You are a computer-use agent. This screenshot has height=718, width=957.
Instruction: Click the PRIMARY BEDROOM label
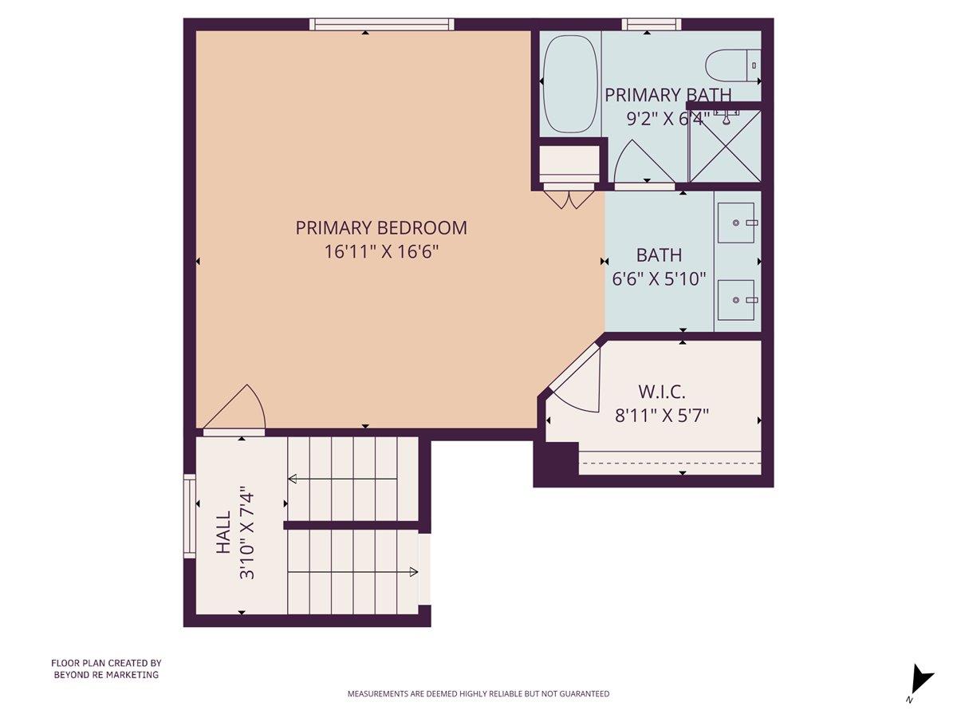click(381, 228)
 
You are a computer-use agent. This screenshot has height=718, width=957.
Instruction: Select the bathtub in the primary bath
click(570, 84)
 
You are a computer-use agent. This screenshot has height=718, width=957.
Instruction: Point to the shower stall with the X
click(724, 146)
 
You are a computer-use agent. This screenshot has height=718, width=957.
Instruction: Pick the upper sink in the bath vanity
click(735, 223)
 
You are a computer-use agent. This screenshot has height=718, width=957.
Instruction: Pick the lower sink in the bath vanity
click(735, 300)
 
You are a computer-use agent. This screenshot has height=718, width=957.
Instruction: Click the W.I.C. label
click(662, 392)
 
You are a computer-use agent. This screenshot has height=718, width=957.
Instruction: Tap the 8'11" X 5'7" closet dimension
click(662, 415)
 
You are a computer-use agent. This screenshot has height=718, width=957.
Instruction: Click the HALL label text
click(223, 532)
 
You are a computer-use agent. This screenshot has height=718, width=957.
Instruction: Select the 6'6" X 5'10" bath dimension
click(659, 279)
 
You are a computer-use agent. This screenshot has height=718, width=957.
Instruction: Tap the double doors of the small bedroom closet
click(569, 198)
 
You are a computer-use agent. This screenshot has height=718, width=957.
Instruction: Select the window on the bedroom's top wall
click(382, 25)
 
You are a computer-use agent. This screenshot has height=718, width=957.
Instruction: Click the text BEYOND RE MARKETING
click(106, 675)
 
